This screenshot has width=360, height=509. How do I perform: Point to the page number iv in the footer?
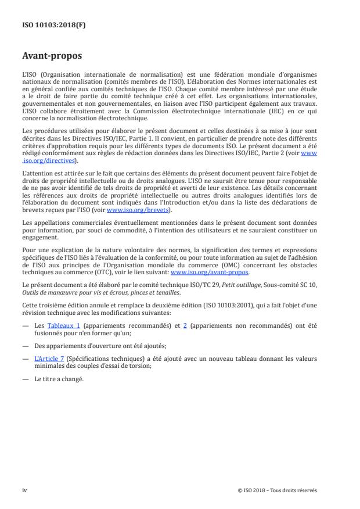(x=24, y=490)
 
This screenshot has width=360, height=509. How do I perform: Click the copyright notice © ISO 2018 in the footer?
(x=278, y=490)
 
